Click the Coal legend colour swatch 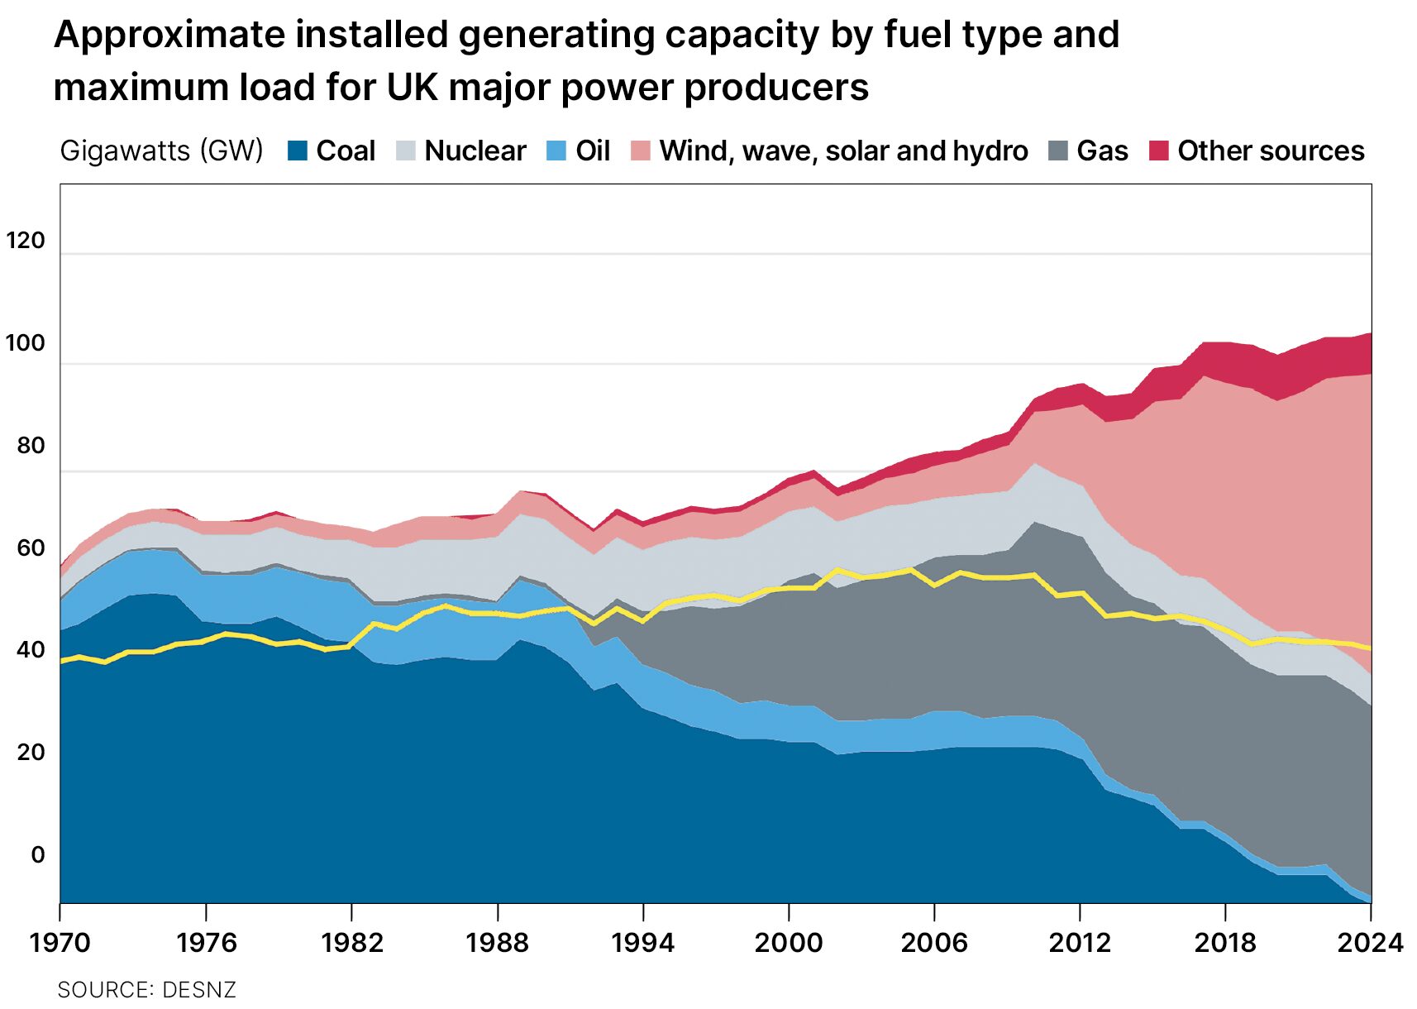[x=298, y=151]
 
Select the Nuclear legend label [x=475, y=151]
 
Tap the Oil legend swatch [x=556, y=151]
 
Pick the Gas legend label [x=1102, y=151]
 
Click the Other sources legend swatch [x=1159, y=151]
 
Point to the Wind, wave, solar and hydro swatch [x=641, y=151]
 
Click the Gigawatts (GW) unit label [x=161, y=151]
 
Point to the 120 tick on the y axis [x=25, y=240]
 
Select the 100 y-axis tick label [x=25, y=342]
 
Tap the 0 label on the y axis [x=37, y=854]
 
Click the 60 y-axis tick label [x=31, y=548]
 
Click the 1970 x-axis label [x=60, y=942]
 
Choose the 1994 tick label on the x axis [x=642, y=942]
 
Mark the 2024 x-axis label [x=1370, y=942]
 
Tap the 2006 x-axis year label [x=933, y=942]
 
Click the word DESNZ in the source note [x=199, y=989]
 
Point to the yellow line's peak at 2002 [x=838, y=570]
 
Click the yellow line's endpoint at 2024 [x=1370, y=648]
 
